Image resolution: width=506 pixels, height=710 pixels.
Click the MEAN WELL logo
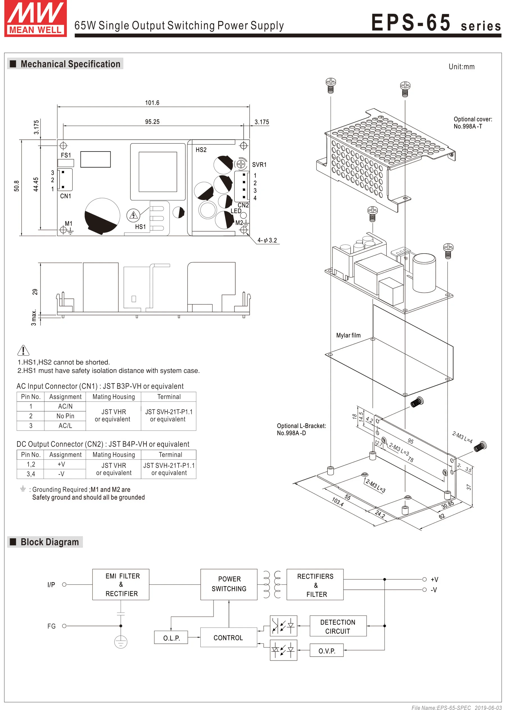point(35,19)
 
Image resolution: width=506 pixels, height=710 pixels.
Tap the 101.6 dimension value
point(152,103)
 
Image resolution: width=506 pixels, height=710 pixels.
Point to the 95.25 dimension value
point(152,122)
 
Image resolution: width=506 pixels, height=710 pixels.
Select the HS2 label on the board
point(201,150)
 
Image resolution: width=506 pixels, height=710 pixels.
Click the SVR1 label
point(259,165)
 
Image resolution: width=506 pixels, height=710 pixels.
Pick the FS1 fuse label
point(66,155)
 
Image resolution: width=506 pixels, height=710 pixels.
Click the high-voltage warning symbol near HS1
point(133,215)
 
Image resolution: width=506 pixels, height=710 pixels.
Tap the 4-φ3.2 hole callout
point(267,241)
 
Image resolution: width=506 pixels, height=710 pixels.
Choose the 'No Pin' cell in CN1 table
point(65,416)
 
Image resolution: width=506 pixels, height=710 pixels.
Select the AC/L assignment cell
point(65,426)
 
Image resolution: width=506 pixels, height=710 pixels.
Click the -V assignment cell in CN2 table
point(61,474)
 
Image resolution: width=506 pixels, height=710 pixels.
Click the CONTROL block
point(228,638)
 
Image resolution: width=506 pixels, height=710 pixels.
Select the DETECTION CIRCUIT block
point(338,627)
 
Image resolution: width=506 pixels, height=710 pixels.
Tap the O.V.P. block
point(327,651)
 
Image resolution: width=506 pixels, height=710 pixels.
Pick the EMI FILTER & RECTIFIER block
point(121,585)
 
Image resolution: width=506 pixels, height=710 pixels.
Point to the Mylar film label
point(348,336)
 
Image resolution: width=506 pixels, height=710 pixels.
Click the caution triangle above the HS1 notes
point(23,351)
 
